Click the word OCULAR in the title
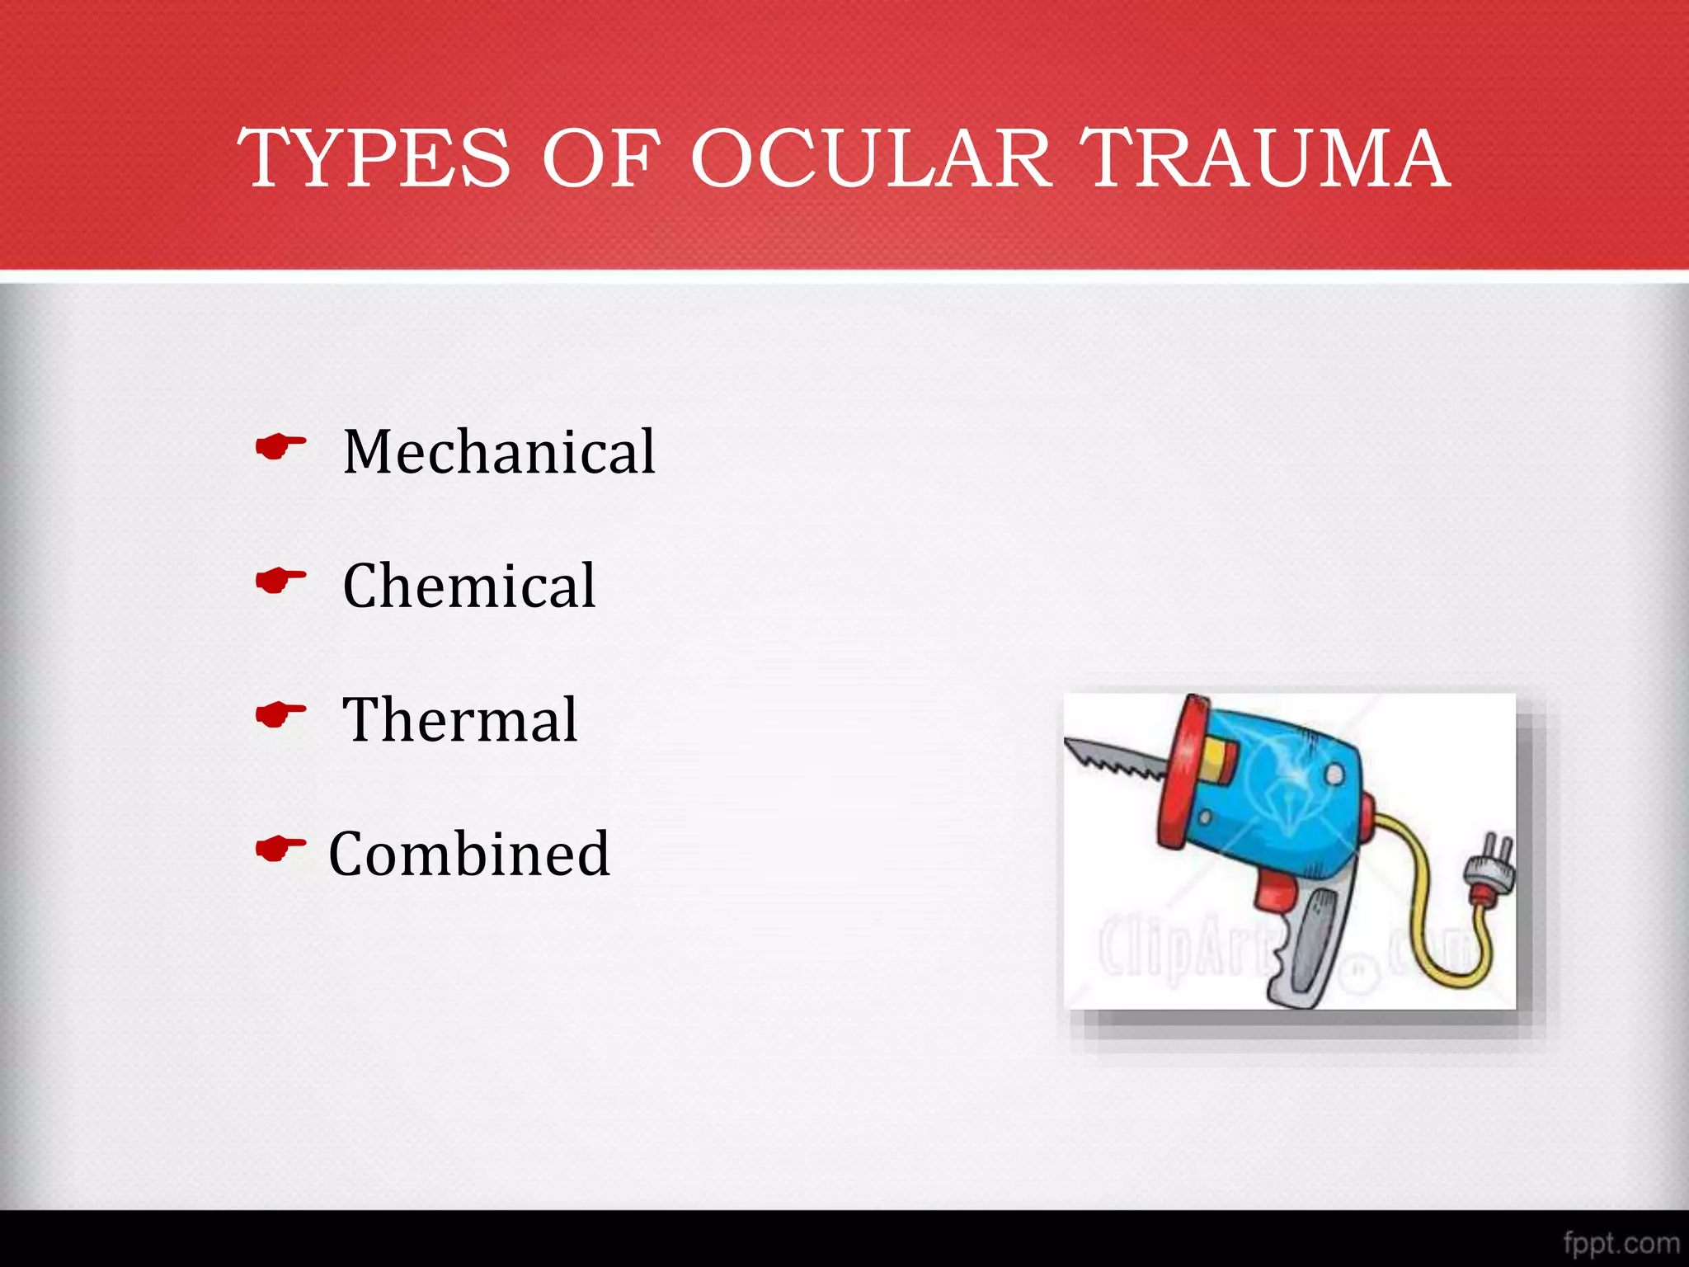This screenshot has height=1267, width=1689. [x=871, y=158]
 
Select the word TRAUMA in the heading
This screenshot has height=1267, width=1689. [x=1265, y=158]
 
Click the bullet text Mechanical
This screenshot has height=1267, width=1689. [x=499, y=452]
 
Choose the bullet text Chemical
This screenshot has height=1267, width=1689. [x=468, y=586]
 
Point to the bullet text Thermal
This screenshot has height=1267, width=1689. [x=459, y=720]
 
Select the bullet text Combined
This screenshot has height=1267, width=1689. [x=468, y=854]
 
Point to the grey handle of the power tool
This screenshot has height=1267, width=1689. [x=1311, y=949]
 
